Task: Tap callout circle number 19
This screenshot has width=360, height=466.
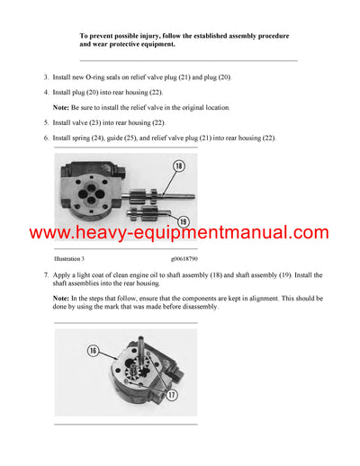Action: coord(183,220)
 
